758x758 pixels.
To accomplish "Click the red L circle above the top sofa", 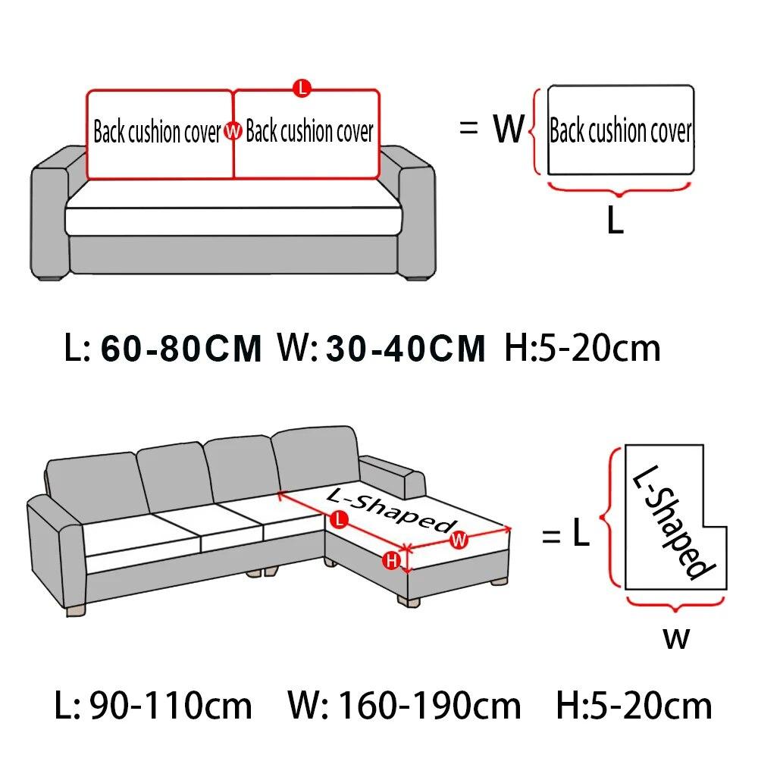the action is click(302, 88).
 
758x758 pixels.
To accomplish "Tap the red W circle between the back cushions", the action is click(233, 133).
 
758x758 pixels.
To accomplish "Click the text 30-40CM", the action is click(406, 349).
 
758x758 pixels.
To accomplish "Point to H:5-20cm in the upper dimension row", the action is click(582, 348).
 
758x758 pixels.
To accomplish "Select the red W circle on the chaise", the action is click(458, 540).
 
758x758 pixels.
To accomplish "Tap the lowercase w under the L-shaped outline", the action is click(676, 638).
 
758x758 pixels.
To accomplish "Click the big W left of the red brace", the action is click(509, 130).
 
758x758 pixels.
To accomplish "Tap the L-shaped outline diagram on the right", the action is click(659, 515).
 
